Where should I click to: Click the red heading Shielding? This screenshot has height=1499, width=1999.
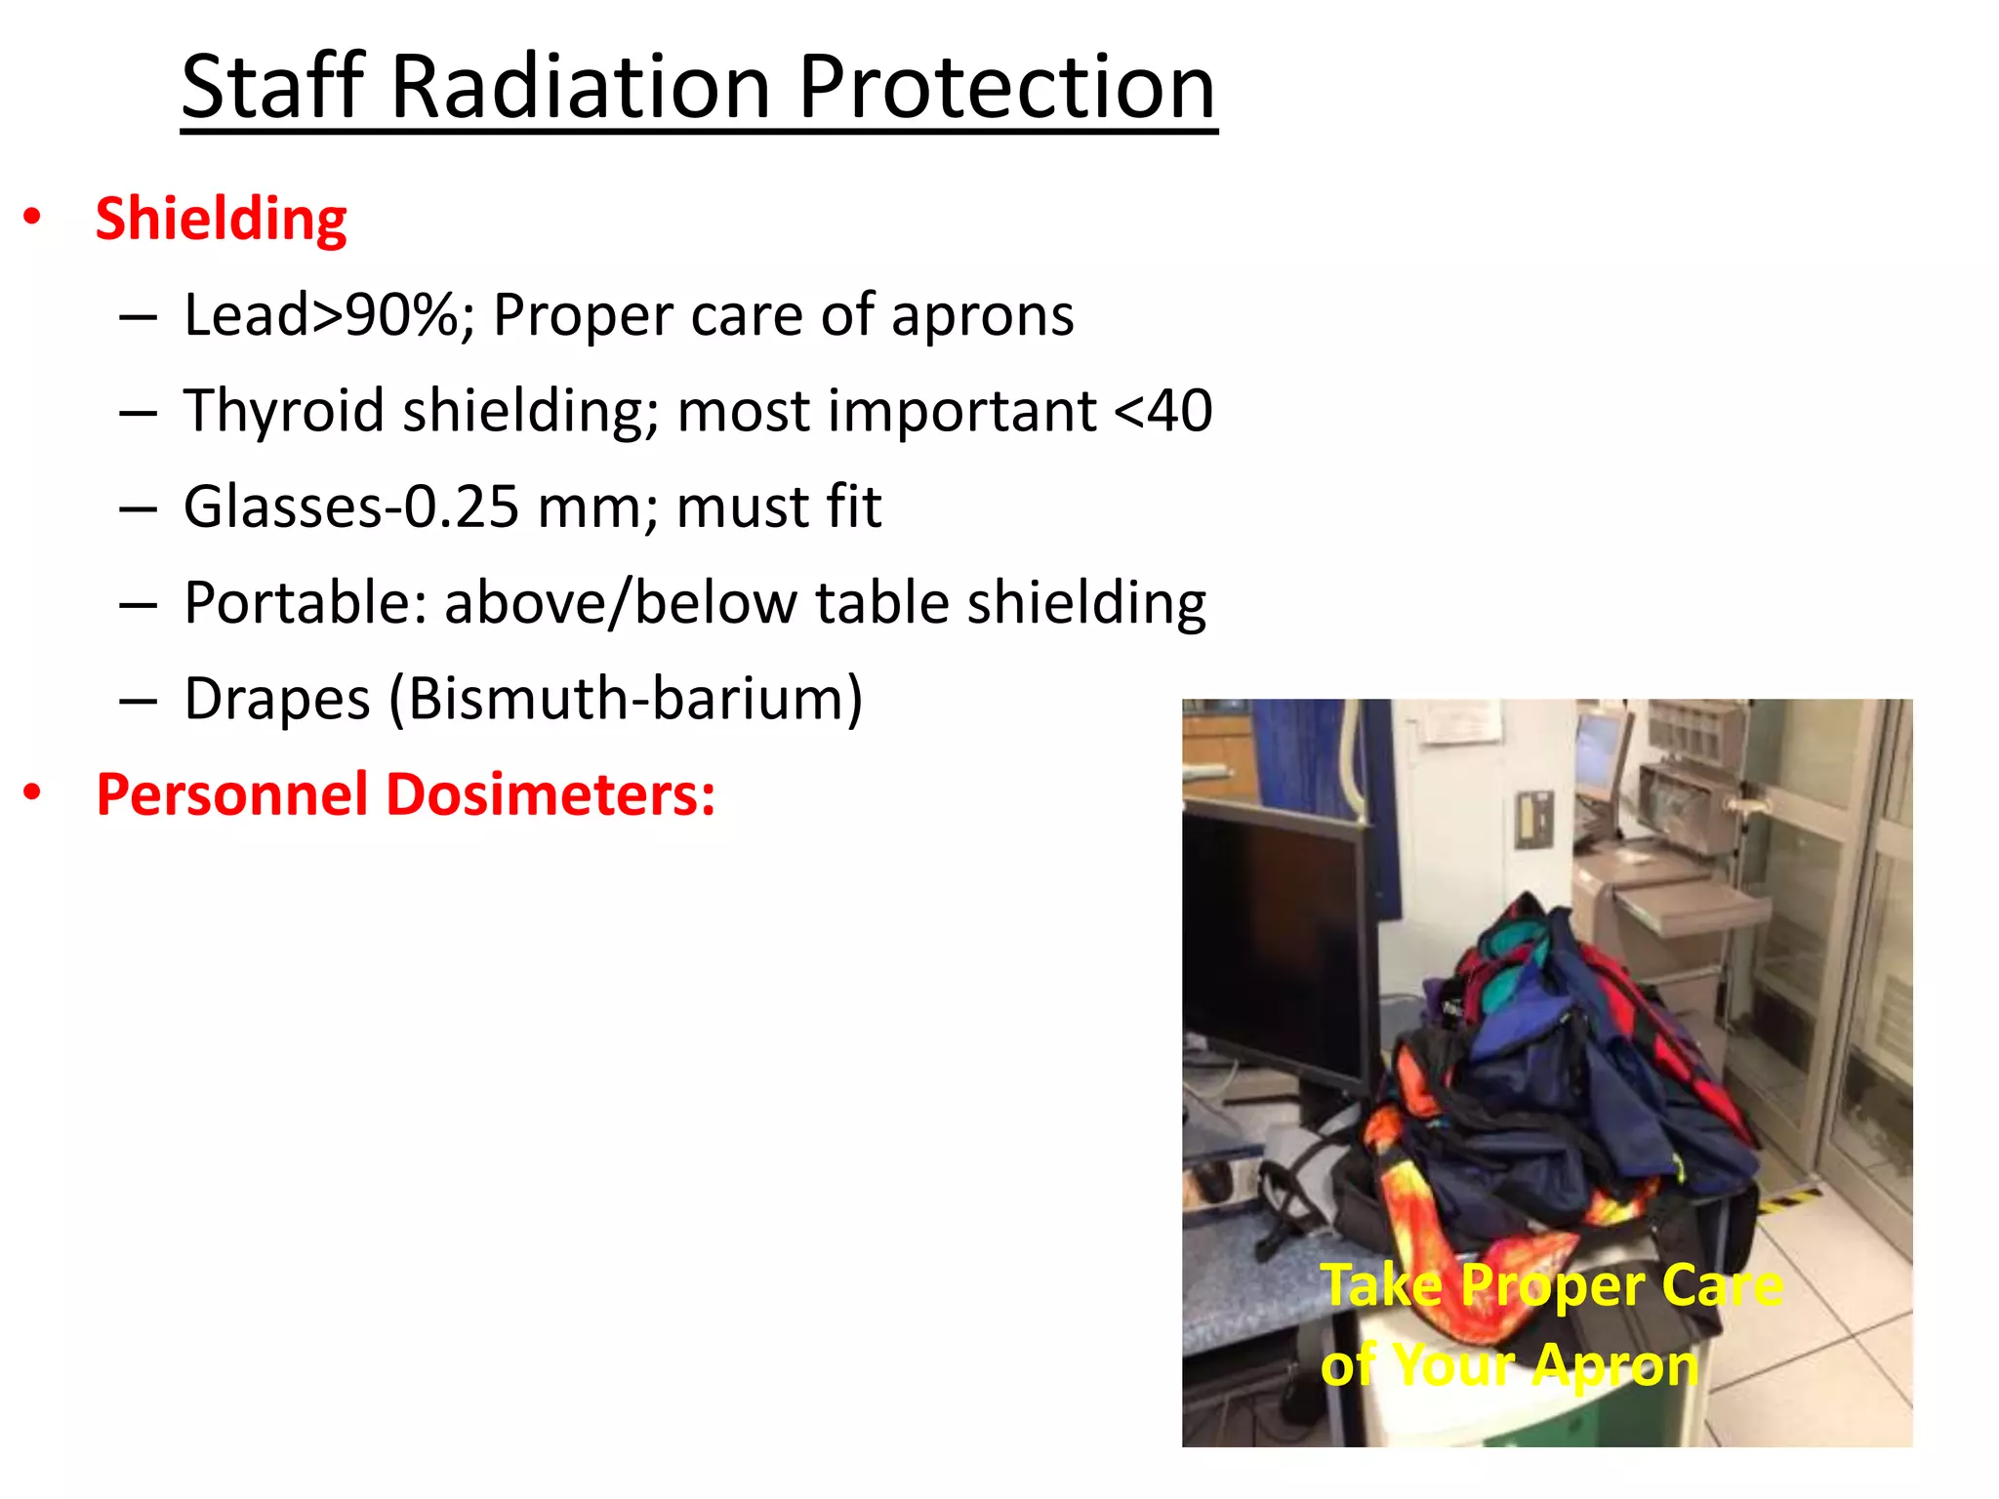(x=222, y=219)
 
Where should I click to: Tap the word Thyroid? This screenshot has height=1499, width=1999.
(x=284, y=411)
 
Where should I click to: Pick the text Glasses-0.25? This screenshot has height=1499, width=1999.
(x=351, y=506)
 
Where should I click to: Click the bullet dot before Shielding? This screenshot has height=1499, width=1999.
(x=33, y=217)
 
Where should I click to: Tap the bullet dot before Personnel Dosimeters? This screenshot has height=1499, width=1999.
(x=33, y=792)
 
